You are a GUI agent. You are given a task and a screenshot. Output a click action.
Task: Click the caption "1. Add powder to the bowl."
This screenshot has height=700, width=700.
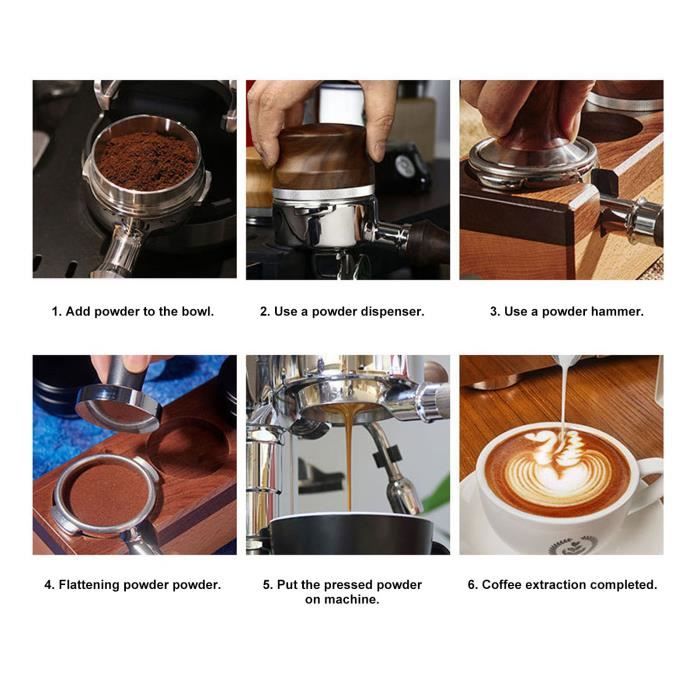pyautogui.click(x=133, y=311)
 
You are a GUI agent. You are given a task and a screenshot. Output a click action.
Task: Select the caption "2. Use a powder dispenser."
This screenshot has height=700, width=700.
pyautogui.click(x=342, y=311)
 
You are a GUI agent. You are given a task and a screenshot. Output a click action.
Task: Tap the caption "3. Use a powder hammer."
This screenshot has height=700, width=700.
pyautogui.click(x=566, y=311)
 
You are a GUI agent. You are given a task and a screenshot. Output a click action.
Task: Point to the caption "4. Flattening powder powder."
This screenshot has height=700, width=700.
pyautogui.click(x=133, y=584)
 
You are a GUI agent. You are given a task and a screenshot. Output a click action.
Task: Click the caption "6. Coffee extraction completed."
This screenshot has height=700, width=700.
pyautogui.click(x=562, y=584)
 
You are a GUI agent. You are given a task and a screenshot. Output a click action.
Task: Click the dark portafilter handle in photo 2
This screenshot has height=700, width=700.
pyautogui.click(x=425, y=241)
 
